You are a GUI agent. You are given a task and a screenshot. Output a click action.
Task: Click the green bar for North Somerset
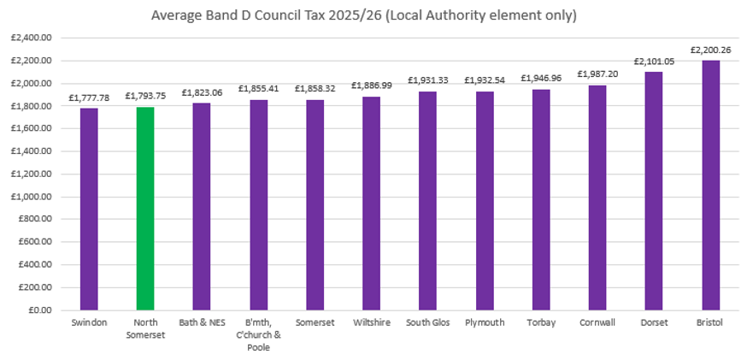point(145,209)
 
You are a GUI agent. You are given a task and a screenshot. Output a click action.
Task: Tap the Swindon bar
point(89,210)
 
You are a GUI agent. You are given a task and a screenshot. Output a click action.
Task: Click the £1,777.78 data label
point(89,98)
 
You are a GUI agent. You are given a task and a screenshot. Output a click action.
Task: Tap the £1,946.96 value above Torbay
point(541,79)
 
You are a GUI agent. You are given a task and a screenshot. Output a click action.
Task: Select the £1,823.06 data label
point(202,93)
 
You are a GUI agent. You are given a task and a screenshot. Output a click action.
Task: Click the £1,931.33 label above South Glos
point(427,80)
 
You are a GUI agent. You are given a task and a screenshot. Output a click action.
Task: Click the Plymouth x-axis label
point(484,323)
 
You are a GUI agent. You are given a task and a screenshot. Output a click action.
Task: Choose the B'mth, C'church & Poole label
point(258,335)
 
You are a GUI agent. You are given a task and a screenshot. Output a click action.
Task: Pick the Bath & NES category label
point(202,323)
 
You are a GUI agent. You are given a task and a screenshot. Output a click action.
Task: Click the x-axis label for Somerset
point(315,323)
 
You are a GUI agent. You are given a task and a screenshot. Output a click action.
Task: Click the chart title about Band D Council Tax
point(373,15)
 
